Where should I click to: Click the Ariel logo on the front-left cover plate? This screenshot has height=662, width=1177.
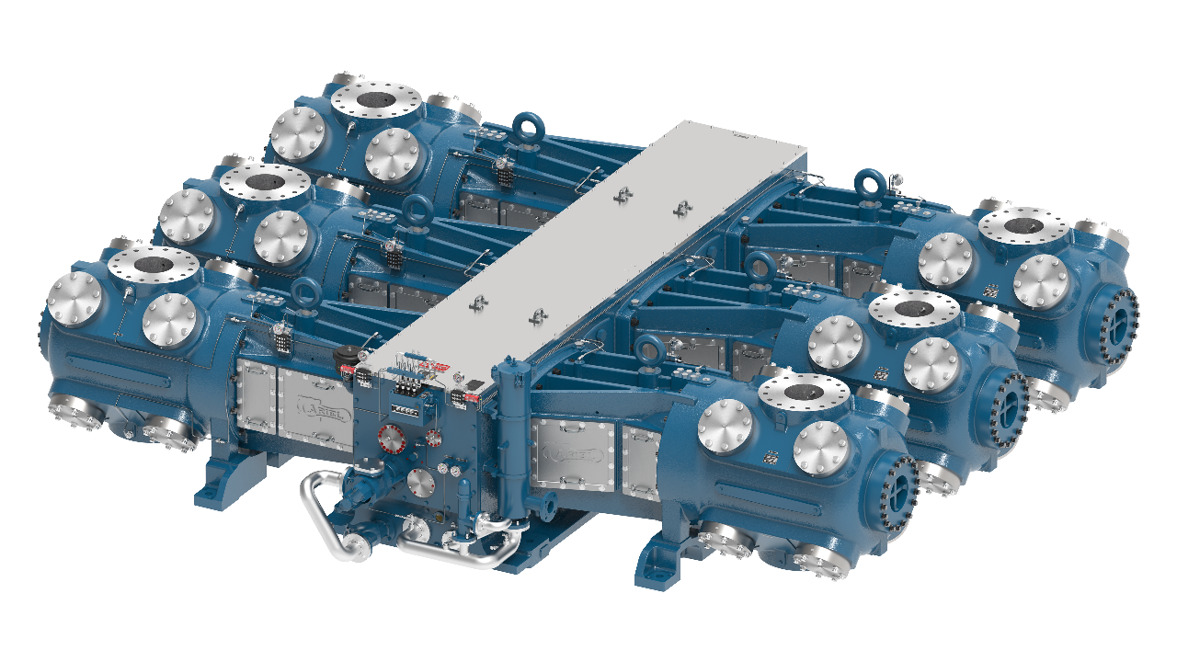(314, 405)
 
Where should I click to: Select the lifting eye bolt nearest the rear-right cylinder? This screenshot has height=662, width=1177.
(870, 183)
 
